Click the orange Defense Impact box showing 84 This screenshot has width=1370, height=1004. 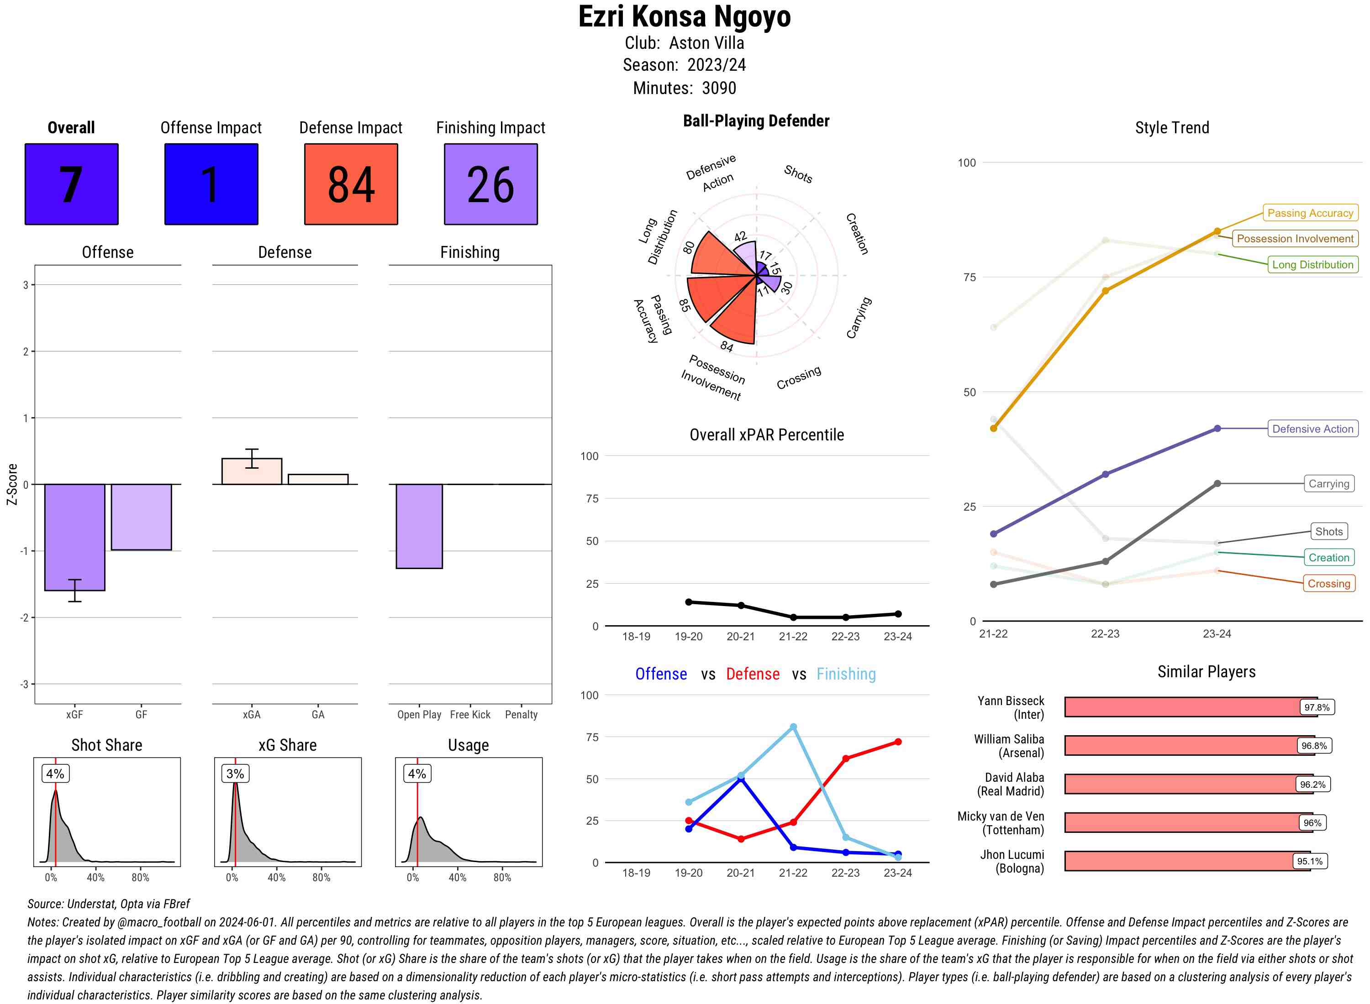point(351,184)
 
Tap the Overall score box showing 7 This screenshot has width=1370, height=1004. point(71,184)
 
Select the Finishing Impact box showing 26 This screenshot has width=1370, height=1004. point(491,184)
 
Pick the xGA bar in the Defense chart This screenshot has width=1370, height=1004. point(252,471)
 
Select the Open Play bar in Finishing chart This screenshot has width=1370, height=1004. point(419,526)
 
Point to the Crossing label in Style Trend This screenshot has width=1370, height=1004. point(1328,583)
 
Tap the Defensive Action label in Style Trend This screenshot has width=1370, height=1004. point(1312,429)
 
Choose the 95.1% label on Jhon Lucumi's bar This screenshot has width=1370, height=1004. point(1309,861)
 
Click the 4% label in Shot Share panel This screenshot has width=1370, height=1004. point(55,774)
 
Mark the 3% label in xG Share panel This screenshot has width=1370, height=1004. point(235,774)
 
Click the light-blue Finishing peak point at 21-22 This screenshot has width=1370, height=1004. point(793,727)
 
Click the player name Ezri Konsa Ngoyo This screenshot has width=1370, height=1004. point(684,17)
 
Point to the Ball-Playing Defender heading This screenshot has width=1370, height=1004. point(756,121)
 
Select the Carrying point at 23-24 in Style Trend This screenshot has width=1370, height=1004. point(1217,484)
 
